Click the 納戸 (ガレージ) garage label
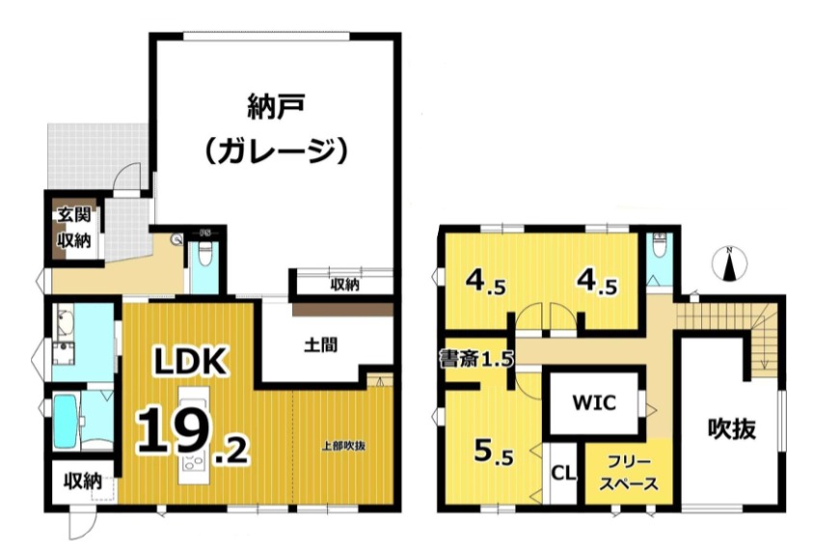click(x=275, y=128)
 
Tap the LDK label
click(x=191, y=361)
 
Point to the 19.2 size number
click(x=193, y=437)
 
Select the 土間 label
click(x=321, y=345)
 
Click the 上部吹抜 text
click(x=343, y=446)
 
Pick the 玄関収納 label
click(x=74, y=228)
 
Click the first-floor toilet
click(x=204, y=254)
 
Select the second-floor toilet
click(x=659, y=245)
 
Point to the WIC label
click(x=594, y=402)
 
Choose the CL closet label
click(x=563, y=473)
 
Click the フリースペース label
click(x=629, y=473)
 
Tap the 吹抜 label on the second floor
click(x=732, y=429)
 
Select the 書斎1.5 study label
click(x=476, y=358)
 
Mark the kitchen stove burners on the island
click(x=194, y=460)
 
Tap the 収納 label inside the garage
click(x=345, y=285)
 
